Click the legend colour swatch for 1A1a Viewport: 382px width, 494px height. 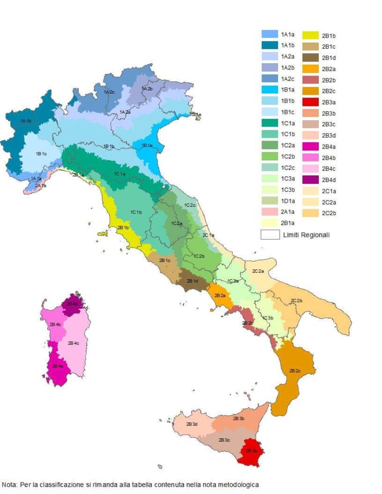270,34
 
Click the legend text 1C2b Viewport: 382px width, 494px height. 288,157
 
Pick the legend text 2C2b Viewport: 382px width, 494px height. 329,213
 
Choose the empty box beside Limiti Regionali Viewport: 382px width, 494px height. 270,235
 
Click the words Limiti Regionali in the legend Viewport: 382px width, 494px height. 305,235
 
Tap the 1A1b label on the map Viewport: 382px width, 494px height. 26,121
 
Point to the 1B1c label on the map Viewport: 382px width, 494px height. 41,154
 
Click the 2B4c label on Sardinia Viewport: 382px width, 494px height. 74,343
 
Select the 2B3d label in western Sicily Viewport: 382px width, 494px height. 192,424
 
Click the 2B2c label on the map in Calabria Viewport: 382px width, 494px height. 294,371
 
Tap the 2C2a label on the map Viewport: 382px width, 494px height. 258,271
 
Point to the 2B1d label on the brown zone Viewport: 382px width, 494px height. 192,281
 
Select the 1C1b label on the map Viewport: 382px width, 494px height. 136,212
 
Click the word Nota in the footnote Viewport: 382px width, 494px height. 9,484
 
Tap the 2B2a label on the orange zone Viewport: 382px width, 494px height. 220,295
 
